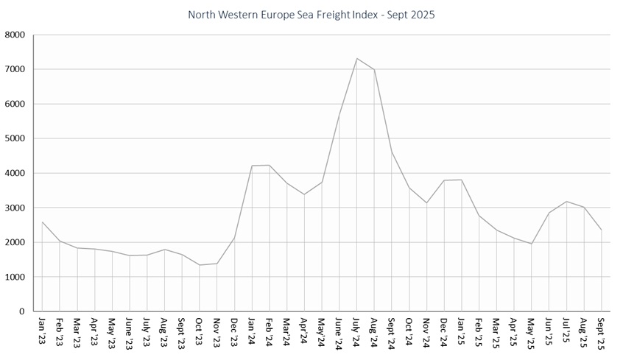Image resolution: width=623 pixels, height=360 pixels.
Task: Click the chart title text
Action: pos(311,15)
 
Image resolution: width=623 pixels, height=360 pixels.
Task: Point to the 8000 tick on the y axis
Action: pos(14,35)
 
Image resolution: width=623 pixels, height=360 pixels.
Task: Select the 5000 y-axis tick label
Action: pos(14,138)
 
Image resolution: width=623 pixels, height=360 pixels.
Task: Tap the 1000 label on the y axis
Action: pos(14,278)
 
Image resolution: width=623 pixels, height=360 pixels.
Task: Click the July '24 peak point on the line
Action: pos(356,58)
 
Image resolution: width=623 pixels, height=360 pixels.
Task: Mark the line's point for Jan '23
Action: pos(42,222)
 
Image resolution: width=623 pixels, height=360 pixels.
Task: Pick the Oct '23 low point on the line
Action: pos(200,265)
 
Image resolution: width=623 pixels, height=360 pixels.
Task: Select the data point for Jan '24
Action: pos(252,166)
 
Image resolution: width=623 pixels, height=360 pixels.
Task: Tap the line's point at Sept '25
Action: pos(602,230)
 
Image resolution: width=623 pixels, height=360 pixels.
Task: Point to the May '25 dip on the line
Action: pos(532,244)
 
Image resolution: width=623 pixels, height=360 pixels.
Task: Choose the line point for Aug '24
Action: pos(374,70)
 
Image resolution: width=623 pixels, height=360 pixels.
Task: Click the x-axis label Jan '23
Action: pos(41,330)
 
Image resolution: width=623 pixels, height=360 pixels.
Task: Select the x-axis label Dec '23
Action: pos(234,331)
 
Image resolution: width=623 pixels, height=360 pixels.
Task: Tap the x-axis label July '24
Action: pos(356,331)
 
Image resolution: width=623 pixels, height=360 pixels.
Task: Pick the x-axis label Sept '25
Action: pos(602,331)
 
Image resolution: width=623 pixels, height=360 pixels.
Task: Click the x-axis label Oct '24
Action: pos(409,331)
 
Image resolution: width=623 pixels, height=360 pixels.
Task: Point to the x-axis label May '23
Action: pos(111,331)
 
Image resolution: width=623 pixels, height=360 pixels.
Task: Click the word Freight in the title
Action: pos(328,15)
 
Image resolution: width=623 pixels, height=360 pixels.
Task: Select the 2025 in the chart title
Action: pos(422,15)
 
